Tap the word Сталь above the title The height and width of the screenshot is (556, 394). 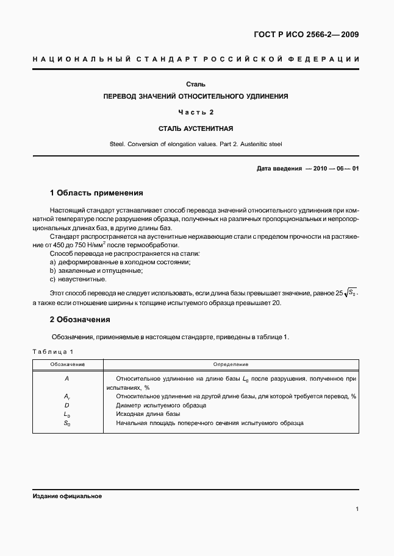click(196, 83)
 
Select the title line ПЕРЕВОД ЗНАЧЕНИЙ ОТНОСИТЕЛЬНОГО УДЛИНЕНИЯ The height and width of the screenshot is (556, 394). click(196, 97)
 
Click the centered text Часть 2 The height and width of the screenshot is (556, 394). click(196, 113)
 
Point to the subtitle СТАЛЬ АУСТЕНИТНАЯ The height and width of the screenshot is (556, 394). click(196, 128)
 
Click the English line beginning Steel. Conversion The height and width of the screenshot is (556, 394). click(196, 144)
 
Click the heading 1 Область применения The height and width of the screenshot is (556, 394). click(96, 193)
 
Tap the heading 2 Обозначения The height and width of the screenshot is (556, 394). click(79, 319)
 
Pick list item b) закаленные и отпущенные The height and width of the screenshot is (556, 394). click(96, 270)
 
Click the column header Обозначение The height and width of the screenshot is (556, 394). click(67, 364)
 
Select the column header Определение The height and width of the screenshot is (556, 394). click(231, 364)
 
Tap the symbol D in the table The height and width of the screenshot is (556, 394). click(67, 404)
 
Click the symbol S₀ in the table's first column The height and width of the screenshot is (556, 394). click(67, 423)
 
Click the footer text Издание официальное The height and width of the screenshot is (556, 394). click(67, 496)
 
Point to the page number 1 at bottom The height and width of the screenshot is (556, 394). click(357, 510)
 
